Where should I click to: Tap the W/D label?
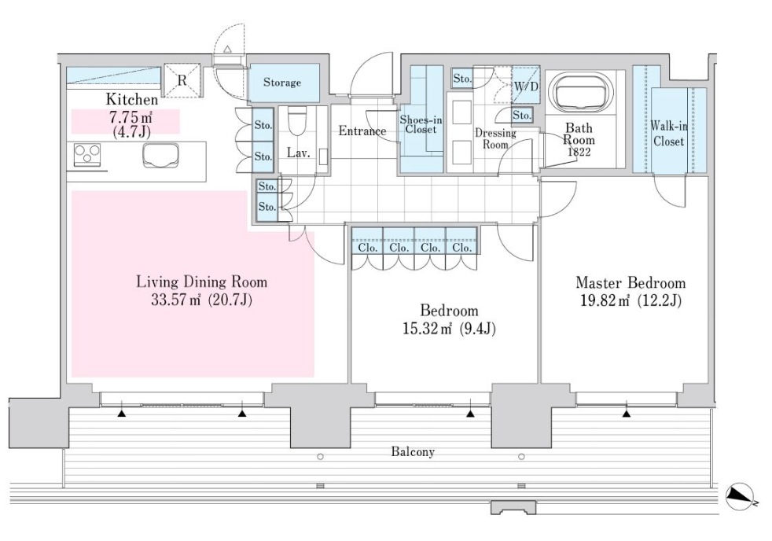[x=525, y=86]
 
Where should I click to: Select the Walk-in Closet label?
[x=667, y=134]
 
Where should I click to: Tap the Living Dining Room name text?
[x=202, y=281]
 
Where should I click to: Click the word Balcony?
[x=412, y=452]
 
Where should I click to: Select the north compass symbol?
[x=741, y=494]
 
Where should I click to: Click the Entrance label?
[x=362, y=131]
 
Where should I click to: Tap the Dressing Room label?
[x=495, y=138]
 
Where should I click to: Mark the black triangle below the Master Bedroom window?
[x=627, y=412]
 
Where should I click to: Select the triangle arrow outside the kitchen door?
[x=227, y=49]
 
